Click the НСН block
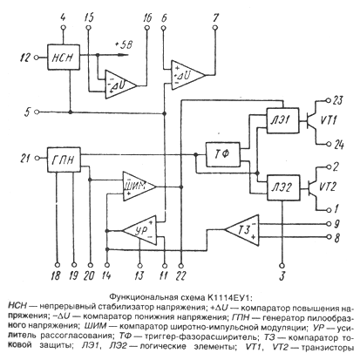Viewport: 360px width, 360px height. click(64, 58)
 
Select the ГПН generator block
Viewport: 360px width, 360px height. click(64, 160)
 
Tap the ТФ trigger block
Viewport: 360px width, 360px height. click(223, 154)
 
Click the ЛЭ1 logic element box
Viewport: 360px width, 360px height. click(282, 120)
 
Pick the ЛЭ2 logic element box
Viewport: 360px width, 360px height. click(283, 187)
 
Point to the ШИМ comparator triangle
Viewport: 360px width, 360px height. click(138, 187)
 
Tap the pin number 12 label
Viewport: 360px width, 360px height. click(24, 58)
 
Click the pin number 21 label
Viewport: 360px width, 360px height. click(24, 159)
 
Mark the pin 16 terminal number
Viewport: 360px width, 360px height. click(147, 18)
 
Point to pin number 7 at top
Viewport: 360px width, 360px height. click(215, 18)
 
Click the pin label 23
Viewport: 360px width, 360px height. click(337, 100)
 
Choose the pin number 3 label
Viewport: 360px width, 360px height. click(282, 275)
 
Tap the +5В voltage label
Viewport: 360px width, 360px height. click(124, 45)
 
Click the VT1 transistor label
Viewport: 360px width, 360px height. click(329, 120)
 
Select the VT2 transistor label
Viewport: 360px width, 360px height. click(328, 187)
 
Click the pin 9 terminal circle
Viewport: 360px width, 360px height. click(329, 224)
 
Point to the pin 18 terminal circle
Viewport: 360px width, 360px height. click(58, 265)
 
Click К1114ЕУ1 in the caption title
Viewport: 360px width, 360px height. click(228, 297)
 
